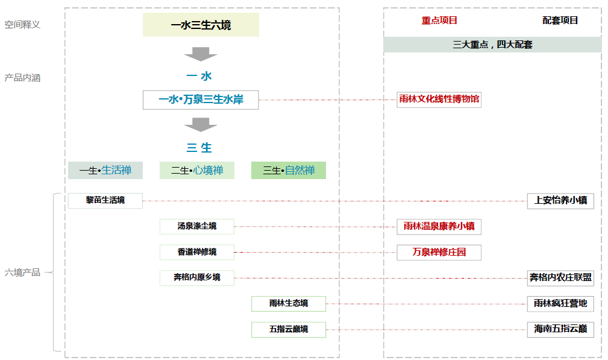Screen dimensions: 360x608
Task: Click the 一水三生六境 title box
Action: point(201,25)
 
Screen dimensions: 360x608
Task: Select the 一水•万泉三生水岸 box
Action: point(201,100)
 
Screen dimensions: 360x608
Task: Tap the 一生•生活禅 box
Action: point(105,171)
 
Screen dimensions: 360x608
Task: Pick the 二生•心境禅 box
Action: point(197,171)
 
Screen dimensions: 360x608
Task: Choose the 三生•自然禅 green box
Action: point(289,171)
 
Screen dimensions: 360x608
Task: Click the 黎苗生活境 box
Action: point(105,200)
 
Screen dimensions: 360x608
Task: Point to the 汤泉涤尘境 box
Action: point(197,227)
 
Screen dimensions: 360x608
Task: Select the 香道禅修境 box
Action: point(197,252)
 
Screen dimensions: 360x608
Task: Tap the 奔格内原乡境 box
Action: point(197,277)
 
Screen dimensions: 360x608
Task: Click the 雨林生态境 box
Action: point(289,303)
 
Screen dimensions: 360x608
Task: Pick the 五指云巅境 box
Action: point(289,329)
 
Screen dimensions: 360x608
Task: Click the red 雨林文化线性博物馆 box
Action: point(439,99)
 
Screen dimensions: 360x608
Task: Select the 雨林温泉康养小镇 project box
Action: point(439,227)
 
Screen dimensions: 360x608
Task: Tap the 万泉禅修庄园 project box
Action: point(439,252)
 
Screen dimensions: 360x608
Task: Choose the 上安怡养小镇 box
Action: point(560,201)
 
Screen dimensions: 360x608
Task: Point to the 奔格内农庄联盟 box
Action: point(560,278)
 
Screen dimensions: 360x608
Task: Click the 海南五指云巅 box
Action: point(560,329)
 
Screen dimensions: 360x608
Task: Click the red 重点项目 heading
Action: point(439,21)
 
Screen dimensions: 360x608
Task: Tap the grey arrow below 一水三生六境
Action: point(201,54)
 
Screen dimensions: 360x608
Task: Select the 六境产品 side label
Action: point(23,273)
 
